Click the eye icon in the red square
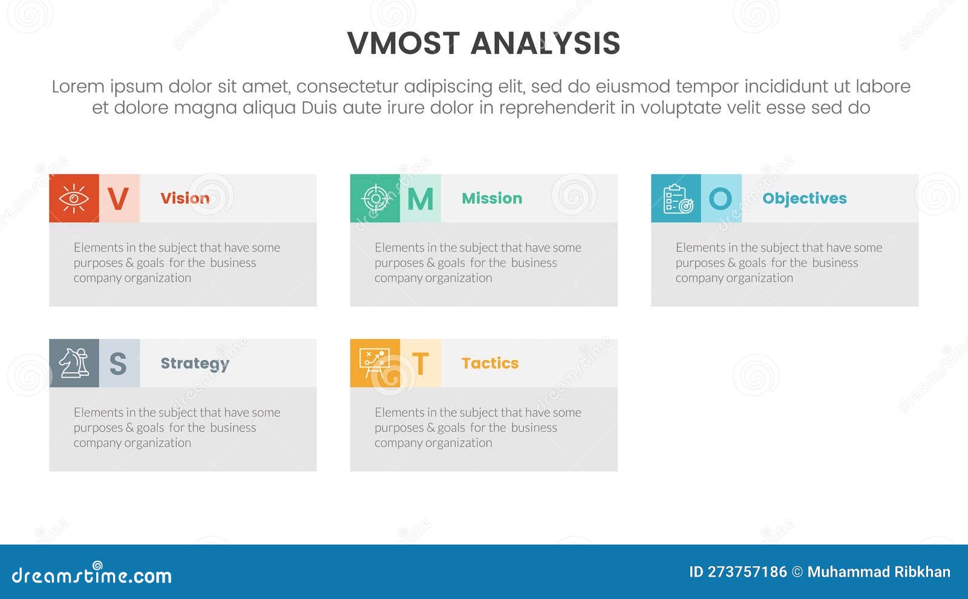click(74, 198)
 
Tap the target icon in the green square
click(375, 198)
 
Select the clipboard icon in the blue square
click(676, 198)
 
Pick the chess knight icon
click(74, 363)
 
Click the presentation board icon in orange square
click(375, 363)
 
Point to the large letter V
click(119, 198)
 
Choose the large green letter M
click(420, 198)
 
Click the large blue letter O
click(721, 198)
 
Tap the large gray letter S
click(119, 364)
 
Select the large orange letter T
click(420, 364)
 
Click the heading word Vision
click(185, 198)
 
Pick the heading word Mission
click(492, 198)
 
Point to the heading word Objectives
click(804, 198)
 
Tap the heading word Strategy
click(195, 364)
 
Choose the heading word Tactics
click(490, 363)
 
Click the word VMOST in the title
click(404, 44)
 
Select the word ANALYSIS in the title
click(545, 44)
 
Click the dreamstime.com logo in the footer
click(92, 575)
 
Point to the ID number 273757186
click(747, 572)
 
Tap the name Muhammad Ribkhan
click(878, 572)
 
